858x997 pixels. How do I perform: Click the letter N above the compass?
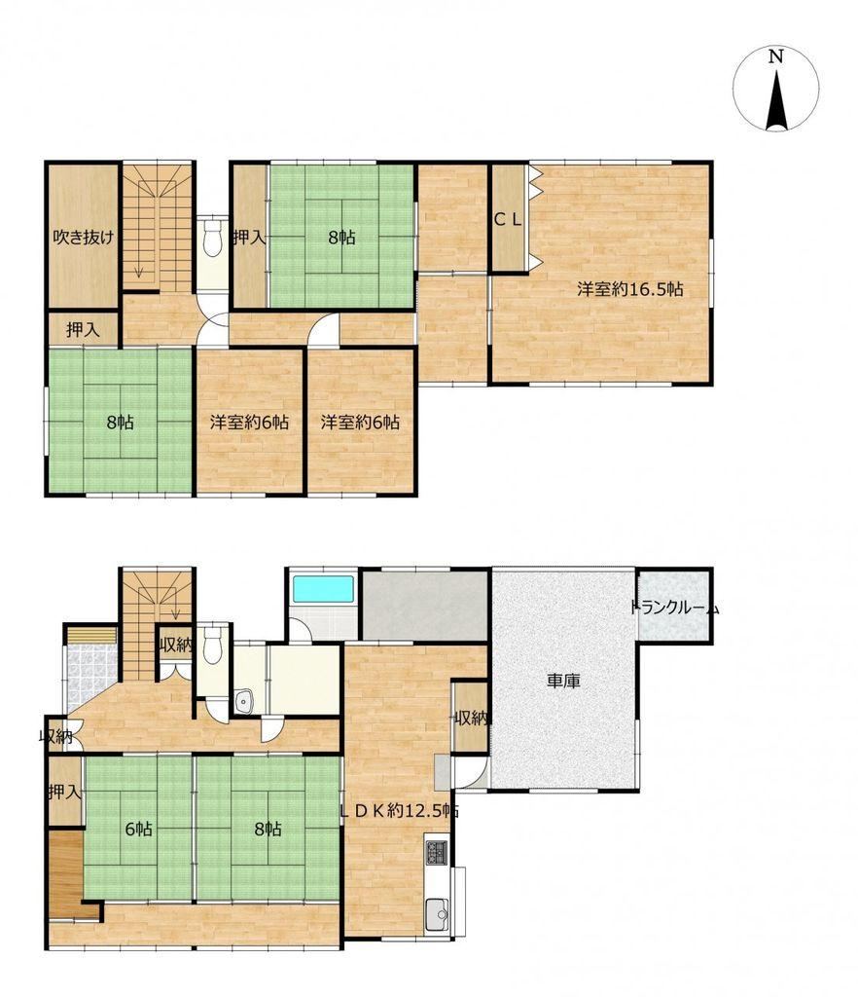775,56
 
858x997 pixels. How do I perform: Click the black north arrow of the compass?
776,100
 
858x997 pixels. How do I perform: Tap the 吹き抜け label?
84,238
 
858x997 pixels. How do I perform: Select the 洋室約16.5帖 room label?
630,289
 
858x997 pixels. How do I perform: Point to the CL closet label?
508,220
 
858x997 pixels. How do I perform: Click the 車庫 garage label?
563,681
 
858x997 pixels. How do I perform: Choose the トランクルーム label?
675,608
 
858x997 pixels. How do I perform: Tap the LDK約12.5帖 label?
400,811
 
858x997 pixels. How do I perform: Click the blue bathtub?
322,589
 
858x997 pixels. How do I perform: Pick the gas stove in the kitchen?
437,852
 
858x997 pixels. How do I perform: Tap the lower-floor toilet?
212,645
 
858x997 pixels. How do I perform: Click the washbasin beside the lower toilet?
244,701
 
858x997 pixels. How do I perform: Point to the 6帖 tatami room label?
138,829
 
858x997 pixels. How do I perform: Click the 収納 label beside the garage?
471,719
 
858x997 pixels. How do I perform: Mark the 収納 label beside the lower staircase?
175,645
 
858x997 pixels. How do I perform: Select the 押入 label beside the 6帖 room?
65,792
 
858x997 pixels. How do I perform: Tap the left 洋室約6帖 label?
250,423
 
